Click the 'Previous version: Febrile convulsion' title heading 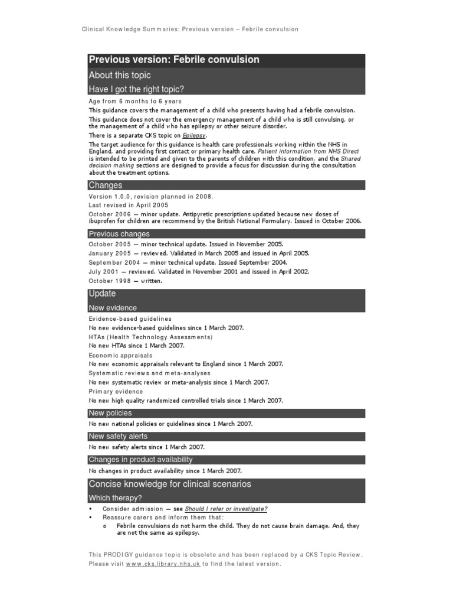[x=173, y=60]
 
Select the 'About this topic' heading [x=120, y=75]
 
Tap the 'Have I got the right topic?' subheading [x=136, y=89]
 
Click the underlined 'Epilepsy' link [x=195, y=135]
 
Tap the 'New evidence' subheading [x=113, y=308]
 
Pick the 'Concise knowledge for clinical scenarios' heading [x=169, y=484]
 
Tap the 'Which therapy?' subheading [x=115, y=498]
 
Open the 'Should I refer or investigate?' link [x=226, y=509]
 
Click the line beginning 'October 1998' [x=125, y=281]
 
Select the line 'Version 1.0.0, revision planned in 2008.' [x=150, y=196]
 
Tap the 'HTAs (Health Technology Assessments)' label [x=150, y=337]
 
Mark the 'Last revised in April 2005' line [x=128, y=204]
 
